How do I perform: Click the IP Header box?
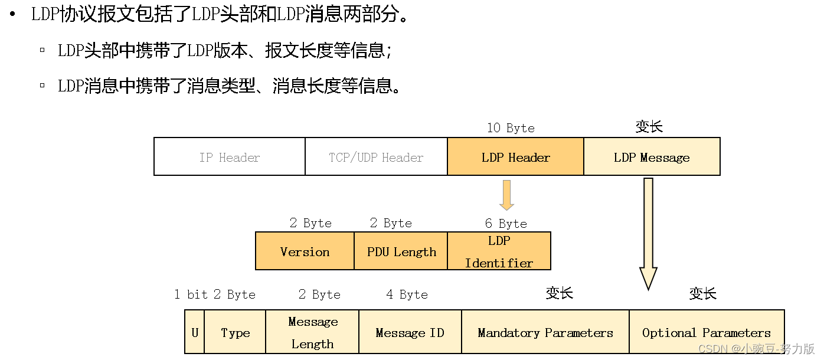230,157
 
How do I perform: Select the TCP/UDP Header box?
376,157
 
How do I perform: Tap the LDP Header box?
515,157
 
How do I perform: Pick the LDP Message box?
652,157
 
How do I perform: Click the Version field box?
305,251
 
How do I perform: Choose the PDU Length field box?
401,251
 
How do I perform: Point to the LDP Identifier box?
499,251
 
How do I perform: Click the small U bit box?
195,332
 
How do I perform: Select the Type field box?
235,332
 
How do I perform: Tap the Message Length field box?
312,332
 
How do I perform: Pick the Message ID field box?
410,332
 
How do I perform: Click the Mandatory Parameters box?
545,332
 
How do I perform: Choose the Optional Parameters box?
707,332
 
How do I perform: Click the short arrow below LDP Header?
506,195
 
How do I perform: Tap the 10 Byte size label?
511,128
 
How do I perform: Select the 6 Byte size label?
506,224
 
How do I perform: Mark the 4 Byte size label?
407,294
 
